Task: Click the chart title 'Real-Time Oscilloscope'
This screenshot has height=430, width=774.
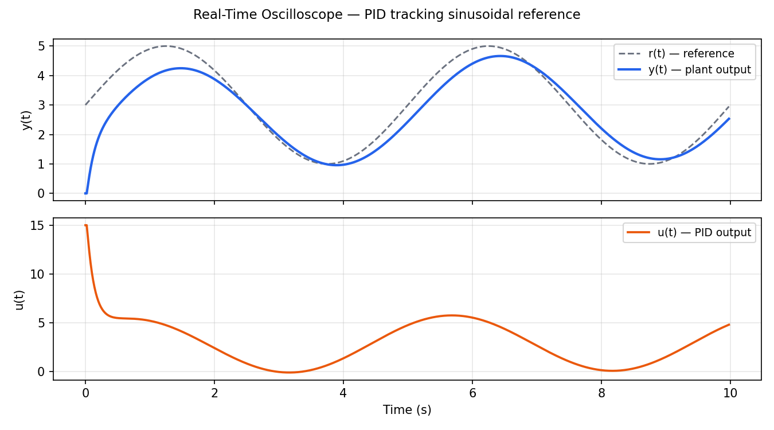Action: (386, 15)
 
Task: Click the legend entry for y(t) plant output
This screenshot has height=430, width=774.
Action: (685, 70)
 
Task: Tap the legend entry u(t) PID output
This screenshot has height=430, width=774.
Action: (689, 233)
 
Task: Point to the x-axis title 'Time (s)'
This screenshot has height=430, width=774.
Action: (407, 410)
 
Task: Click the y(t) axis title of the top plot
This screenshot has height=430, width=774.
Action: (27, 120)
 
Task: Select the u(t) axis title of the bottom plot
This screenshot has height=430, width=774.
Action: (19, 299)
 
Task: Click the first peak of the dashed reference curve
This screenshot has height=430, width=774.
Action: (166, 46)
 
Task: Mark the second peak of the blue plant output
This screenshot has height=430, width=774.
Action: (500, 56)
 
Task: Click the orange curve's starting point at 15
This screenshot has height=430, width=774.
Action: (85, 225)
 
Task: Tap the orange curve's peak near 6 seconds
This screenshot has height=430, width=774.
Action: (451, 315)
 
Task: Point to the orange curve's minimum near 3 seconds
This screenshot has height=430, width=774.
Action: (290, 373)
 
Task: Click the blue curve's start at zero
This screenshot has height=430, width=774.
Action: (86, 193)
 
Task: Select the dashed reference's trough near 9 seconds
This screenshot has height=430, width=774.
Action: (649, 164)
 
